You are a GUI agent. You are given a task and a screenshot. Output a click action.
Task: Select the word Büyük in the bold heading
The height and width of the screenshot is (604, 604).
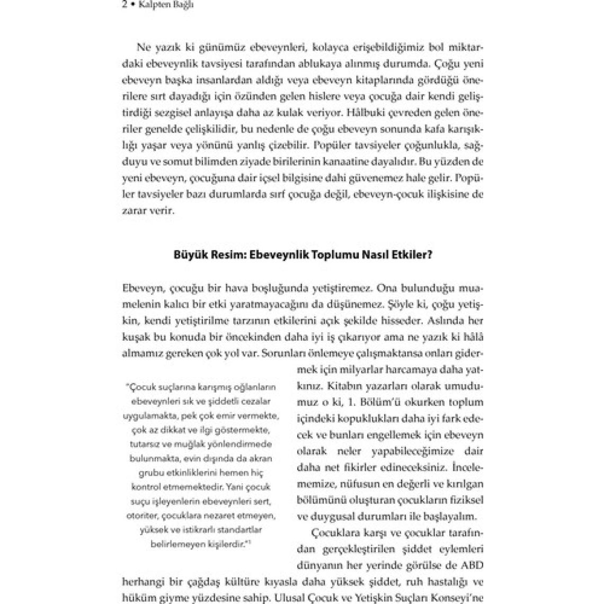coord(188,254)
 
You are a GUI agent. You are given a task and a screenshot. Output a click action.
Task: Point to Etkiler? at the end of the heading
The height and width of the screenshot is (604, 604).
coord(416,254)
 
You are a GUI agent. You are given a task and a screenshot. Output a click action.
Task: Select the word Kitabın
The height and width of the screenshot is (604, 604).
coord(347,385)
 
